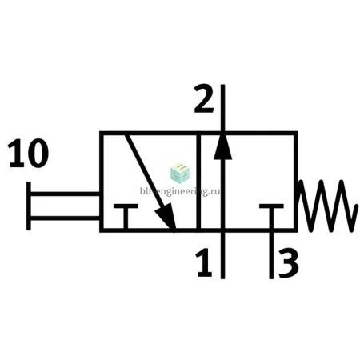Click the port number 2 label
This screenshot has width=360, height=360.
coord(204,98)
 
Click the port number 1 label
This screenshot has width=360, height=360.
coord(204,262)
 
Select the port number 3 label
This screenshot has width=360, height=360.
coord(289,263)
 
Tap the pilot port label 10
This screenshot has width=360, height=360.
coord(28,153)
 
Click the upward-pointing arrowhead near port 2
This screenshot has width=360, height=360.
coord(223,146)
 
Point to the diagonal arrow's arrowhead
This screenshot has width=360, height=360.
coord(166,217)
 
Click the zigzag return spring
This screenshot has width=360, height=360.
coord(327,206)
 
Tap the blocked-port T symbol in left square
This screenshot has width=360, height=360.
coord(126,216)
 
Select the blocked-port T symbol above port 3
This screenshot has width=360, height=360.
coord(271,216)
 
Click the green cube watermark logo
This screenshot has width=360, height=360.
coord(180,174)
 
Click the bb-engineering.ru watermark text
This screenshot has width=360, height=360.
coord(180,191)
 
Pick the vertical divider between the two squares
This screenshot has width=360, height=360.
coord(198,182)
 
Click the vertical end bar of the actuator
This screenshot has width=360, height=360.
coord(29,206)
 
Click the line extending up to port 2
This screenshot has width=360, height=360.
coord(223,108)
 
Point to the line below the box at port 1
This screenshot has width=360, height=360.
coord(223,255)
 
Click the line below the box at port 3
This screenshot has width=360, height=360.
coord(271,255)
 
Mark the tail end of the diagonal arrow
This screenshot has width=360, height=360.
coord(126,135)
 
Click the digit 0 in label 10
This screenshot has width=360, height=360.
coord(38,153)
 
